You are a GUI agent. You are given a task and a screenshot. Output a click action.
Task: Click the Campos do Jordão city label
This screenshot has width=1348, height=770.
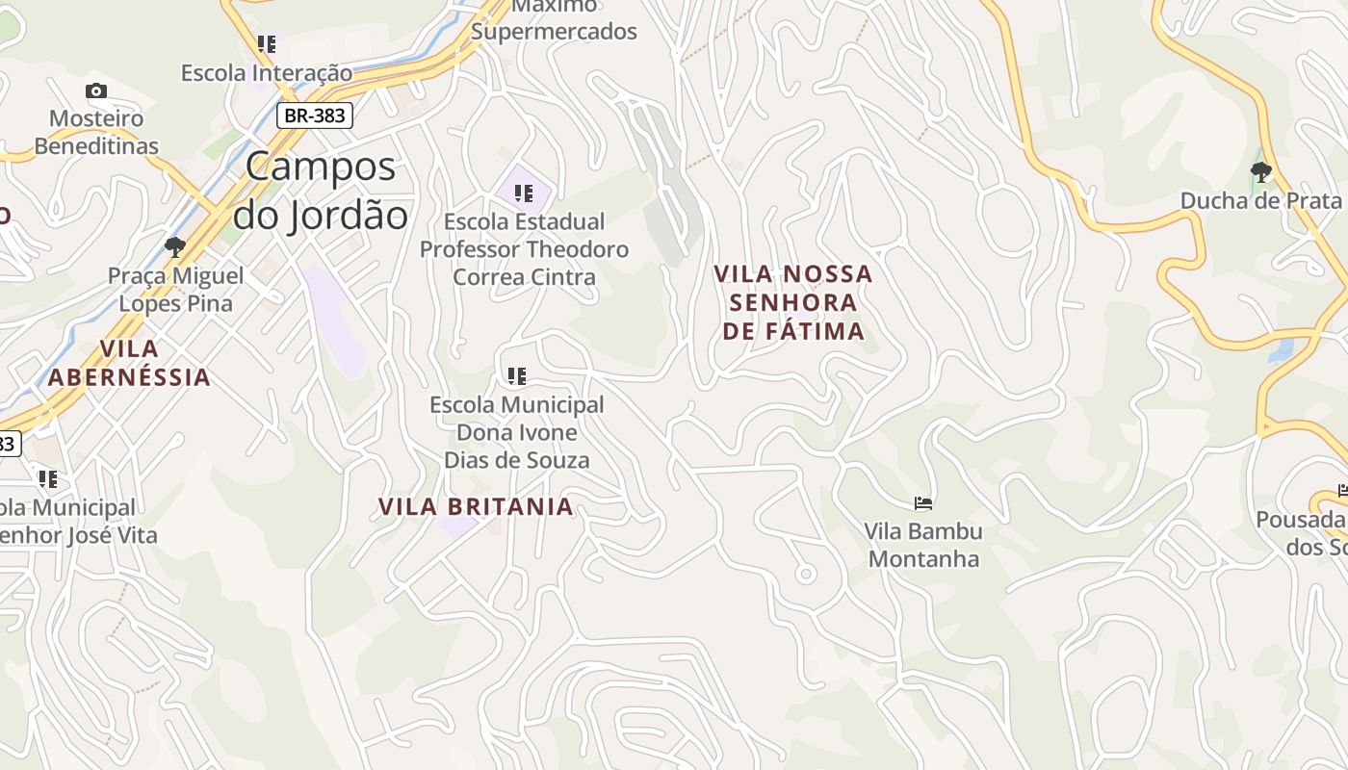[x=321, y=191]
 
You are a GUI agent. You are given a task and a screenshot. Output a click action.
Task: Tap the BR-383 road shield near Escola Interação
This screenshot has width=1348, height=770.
[x=315, y=115]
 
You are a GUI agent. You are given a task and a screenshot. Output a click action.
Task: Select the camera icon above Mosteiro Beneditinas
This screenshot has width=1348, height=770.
[x=96, y=91]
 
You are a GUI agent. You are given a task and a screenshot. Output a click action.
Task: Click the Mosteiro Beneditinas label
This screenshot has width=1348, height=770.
[x=96, y=133]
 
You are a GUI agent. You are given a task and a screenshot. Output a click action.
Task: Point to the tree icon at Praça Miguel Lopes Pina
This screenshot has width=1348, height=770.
[x=175, y=246]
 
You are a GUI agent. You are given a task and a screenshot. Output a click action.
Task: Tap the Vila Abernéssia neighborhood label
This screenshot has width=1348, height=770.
[x=129, y=363]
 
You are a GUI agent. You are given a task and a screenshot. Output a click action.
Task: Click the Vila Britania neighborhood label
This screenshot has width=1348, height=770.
[x=476, y=506]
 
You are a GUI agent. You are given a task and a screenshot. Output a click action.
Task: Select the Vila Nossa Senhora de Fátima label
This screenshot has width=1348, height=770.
[x=792, y=302]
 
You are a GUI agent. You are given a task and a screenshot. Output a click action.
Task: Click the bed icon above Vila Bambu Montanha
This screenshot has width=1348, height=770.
[x=923, y=502]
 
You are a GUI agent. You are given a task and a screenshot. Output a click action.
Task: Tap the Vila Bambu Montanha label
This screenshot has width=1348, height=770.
[x=923, y=545]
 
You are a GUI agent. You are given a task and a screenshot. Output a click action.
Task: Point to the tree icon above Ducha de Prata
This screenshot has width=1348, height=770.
[x=1260, y=173]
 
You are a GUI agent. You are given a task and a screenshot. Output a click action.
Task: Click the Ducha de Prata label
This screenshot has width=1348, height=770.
[x=1260, y=201]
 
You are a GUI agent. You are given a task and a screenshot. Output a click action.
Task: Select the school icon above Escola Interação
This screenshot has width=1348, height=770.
[x=267, y=44]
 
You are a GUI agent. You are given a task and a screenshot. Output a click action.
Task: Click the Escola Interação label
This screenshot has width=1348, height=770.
[x=267, y=72]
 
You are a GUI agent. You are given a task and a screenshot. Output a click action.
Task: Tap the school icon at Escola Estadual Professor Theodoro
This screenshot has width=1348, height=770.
[x=524, y=193]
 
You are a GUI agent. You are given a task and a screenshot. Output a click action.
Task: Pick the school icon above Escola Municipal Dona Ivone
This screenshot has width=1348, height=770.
[x=517, y=375]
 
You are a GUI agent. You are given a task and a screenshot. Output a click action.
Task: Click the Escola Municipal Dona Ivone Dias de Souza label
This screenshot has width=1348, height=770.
[x=517, y=432]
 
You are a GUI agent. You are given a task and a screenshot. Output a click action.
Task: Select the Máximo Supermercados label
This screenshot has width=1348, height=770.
[x=554, y=19]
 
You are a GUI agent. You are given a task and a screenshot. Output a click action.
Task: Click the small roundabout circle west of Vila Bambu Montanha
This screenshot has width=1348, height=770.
[x=806, y=575]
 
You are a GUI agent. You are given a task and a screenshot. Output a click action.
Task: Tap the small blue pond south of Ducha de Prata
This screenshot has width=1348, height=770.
[x=1281, y=349]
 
